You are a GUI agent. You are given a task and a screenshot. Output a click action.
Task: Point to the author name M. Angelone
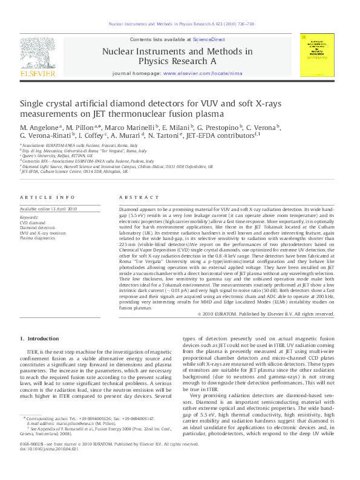[x=40, y=128]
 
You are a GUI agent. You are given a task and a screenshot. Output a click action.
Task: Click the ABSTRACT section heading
[x=135, y=197]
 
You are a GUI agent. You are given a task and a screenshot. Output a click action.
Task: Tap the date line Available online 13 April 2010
[x=47, y=209]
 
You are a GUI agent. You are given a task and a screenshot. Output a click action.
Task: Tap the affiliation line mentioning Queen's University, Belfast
[x=56, y=155]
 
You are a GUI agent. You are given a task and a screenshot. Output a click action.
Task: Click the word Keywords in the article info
[x=30, y=217]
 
